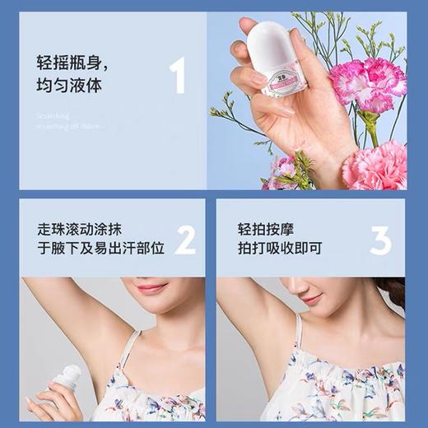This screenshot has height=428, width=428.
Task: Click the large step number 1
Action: pyautogui.click(x=176, y=75)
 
